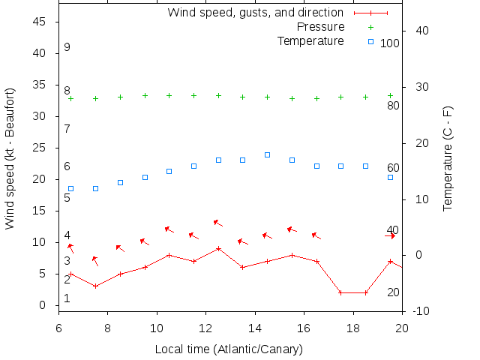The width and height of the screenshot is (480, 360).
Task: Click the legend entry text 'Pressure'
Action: coord(319,27)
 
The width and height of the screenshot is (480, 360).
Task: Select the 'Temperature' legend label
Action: coord(310,40)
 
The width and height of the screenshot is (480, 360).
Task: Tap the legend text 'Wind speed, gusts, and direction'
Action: coord(255,13)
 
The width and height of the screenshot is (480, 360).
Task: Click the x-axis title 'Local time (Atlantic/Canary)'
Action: coord(229,349)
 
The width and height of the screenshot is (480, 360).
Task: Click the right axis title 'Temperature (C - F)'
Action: coord(448,158)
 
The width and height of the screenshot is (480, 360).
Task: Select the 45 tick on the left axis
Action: coord(41,22)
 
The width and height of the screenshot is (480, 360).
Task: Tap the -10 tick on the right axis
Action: coord(420,311)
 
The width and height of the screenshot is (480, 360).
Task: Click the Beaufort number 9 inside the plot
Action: coord(67,47)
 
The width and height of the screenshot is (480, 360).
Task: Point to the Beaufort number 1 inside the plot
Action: coord(67,298)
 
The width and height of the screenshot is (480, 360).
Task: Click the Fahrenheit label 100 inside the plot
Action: coord(390,43)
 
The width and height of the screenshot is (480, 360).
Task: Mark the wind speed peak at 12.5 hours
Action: coord(218,248)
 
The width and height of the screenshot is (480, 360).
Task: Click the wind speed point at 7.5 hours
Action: coord(95,286)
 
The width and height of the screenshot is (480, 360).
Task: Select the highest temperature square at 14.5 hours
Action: coord(267,154)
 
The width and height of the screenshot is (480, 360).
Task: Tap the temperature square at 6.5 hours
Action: coord(71,189)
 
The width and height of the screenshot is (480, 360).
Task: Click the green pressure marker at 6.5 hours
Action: coord(71,98)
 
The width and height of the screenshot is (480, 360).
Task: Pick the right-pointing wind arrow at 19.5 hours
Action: coord(391,235)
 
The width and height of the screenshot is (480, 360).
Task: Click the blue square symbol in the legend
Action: coord(370,41)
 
